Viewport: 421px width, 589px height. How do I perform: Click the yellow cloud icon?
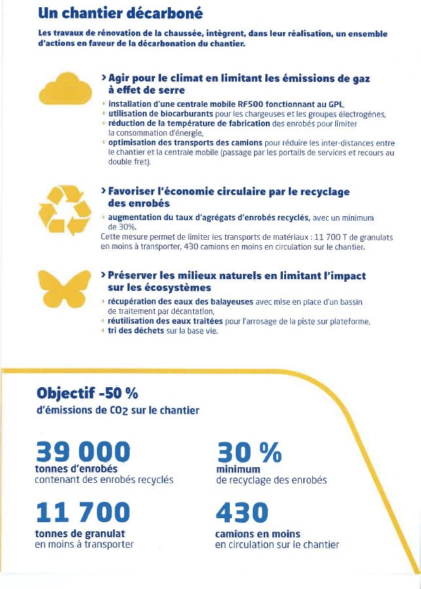(64, 89)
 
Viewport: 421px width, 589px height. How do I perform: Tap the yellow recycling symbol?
(64, 209)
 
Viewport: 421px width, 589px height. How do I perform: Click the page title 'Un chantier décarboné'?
(120, 13)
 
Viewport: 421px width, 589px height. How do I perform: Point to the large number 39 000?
(82, 452)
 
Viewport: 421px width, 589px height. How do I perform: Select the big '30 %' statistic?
(248, 452)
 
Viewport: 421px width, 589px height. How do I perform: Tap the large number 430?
(242, 512)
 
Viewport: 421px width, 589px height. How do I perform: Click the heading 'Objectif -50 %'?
(88, 394)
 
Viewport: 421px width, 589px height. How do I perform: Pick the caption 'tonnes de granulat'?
(79, 534)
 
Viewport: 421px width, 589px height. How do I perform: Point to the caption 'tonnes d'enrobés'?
(75, 469)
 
